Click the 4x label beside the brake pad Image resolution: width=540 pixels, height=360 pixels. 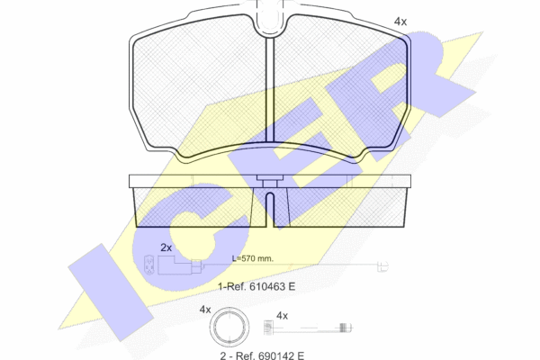point(400,22)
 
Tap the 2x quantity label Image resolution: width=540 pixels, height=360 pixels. point(166,247)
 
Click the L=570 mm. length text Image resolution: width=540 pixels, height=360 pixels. point(252,258)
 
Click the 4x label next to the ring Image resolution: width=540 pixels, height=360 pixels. point(205,310)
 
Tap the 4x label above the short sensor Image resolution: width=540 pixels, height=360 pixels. point(282,316)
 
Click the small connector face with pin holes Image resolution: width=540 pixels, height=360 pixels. point(148,265)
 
